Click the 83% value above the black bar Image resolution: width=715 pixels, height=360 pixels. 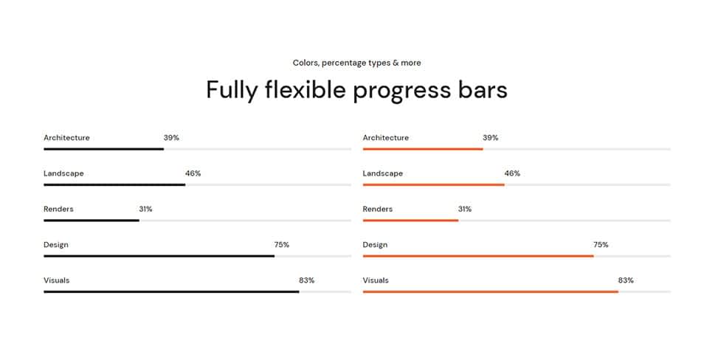tap(306, 280)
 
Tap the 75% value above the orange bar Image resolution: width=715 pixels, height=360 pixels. tap(601, 245)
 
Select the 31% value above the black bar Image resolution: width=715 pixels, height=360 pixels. tap(145, 210)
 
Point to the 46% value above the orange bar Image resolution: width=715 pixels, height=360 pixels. tap(512, 173)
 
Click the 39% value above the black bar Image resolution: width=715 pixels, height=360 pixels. tap(171, 138)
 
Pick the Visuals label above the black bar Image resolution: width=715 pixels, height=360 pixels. tap(57, 280)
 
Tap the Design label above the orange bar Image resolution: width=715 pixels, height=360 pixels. tap(375, 245)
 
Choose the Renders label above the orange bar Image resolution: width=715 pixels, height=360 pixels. tap(378, 210)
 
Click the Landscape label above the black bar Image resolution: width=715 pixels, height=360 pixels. tap(63, 173)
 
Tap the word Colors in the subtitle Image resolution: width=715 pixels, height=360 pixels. tap(305, 63)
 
